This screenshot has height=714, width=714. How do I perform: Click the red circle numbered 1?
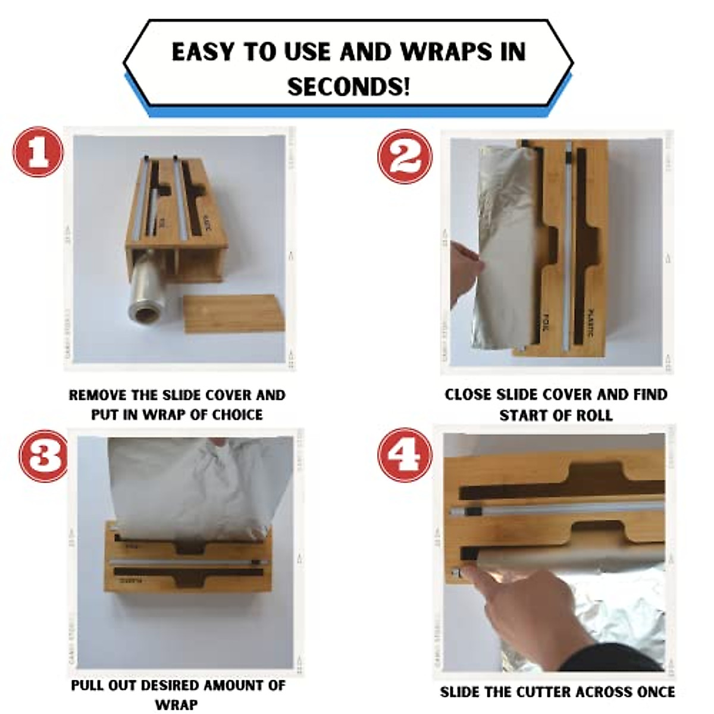[x=38, y=152]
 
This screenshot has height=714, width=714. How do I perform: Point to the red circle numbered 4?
[x=406, y=455]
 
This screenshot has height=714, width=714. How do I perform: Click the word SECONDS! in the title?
[x=349, y=87]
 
